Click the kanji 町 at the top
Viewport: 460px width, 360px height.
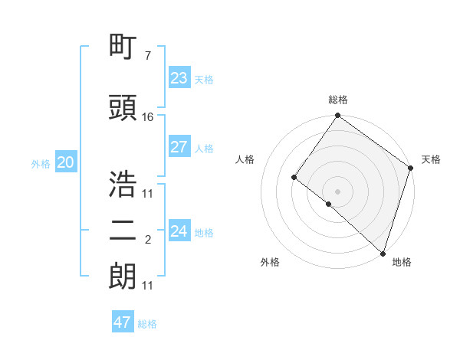tap(123, 48)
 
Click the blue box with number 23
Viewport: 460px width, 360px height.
tap(179, 78)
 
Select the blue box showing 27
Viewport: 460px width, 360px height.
tap(179, 147)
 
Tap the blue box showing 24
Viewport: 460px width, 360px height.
tap(179, 231)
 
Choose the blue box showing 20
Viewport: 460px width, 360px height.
tap(65, 162)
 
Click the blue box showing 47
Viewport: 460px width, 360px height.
tap(123, 322)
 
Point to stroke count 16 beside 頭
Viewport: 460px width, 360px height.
tap(148, 117)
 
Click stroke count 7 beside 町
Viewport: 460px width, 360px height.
tap(147, 56)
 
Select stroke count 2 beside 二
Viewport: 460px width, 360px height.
tap(147, 240)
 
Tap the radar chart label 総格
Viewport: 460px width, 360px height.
tap(337, 100)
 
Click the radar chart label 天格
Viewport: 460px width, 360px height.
tap(432, 159)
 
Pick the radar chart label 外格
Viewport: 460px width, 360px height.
tap(270, 262)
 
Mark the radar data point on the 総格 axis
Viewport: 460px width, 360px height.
tap(337, 116)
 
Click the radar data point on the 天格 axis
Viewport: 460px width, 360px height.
tap(410, 168)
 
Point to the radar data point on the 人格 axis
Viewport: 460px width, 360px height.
tap(294, 178)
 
